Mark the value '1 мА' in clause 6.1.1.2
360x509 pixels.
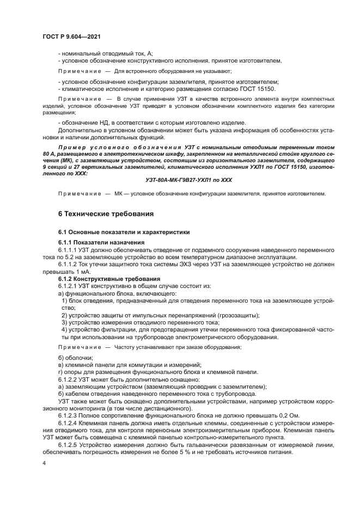pyautogui.click(x=80, y=271)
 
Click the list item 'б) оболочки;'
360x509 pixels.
pyautogui.click(x=75, y=357)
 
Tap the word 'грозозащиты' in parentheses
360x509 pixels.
pyautogui.click(x=236, y=315)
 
